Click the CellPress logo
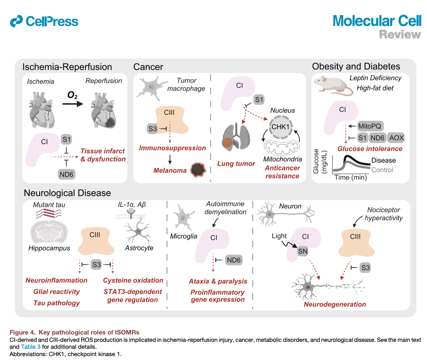44,21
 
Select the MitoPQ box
370,126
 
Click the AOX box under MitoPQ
396,138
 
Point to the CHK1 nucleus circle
280,127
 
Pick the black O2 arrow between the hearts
73,104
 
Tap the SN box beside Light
302,251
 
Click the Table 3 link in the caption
31,347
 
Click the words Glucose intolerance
370,149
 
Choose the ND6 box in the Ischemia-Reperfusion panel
66,174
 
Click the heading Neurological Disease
67,193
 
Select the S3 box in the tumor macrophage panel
153,129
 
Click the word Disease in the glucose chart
383,160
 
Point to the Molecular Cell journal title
377,21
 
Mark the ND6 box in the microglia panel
234,260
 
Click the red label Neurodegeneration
335,304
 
